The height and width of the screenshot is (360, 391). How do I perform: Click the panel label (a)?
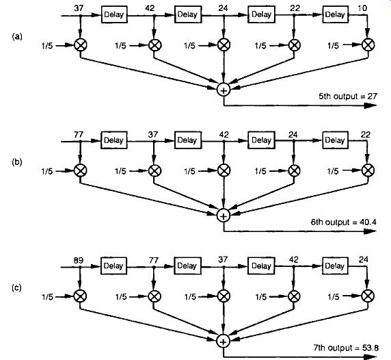(17, 37)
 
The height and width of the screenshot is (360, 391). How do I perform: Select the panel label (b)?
(17, 162)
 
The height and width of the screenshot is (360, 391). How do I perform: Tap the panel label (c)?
(16, 288)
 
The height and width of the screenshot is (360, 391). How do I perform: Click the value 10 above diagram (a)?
(362, 8)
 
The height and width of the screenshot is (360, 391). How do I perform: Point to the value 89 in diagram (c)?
(79, 260)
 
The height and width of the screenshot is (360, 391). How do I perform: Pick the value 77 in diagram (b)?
(79, 135)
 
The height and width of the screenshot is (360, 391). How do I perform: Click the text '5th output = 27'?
(348, 96)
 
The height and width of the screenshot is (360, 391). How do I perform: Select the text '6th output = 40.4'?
(344, 222)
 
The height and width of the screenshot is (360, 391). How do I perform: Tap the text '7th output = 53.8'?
(346, 348)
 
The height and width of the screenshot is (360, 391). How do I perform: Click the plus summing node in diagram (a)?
(224, 90)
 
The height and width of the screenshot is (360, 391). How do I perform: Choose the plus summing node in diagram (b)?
(224, 216)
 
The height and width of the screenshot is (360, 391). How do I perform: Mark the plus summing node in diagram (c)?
(223, 342)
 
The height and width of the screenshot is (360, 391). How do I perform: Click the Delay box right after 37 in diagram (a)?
(114, 15)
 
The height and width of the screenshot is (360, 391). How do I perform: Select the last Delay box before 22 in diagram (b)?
(335, 140)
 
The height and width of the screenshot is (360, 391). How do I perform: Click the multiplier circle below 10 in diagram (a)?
(368, 44)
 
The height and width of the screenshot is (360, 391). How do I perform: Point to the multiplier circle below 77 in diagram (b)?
(80, 170)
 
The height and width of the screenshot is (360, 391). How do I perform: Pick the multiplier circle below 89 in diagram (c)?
(80, 296)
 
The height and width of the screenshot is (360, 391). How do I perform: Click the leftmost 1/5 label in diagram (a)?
(47, 46)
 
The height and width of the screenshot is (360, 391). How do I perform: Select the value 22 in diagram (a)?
(295, 8)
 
